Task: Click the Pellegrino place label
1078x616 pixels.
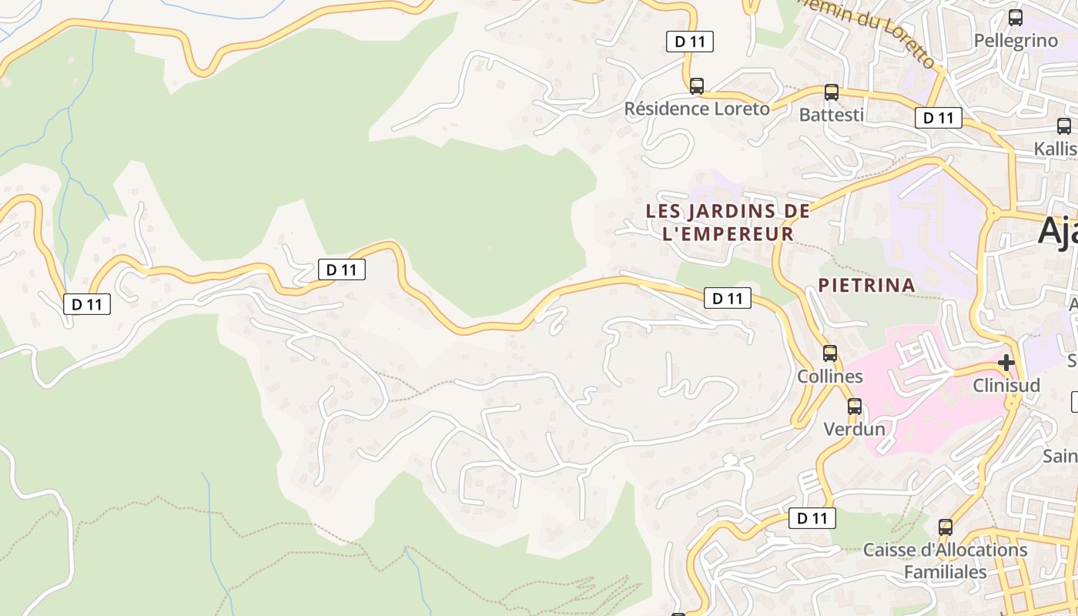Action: [x=1016, y=41]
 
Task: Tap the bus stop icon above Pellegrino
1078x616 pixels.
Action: [x=1016, y=17]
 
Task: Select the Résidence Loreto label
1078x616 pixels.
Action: [x=696, y=109]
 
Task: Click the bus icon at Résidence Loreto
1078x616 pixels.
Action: [x=697, y=85]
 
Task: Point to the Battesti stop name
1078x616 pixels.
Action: [x=831, y=115]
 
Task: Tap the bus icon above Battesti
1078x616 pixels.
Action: [x=832, y=92]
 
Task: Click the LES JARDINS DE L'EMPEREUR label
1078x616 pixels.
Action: [x=728, y=222]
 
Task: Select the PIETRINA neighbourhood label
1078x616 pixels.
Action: [x=866, y=285]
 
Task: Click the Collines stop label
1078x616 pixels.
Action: [x=830, y=377]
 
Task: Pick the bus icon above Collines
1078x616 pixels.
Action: [x=830, y=353]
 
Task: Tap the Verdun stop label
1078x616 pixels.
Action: [x=854, y=429]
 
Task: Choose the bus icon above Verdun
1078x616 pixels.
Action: [x=855, y=406]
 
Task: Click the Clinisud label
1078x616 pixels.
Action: [x=1006, y=385]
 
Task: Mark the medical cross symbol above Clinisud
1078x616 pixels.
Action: [x=1006, y=362]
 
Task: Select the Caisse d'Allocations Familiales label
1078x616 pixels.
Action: [x=945, y=561]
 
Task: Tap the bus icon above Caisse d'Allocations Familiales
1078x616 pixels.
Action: [x=946, y=527]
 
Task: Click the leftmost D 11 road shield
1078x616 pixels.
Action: [x=87, y=304]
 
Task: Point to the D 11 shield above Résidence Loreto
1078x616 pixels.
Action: [x=690, y=42]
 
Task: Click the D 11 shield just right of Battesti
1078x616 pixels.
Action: [x=939, y=118]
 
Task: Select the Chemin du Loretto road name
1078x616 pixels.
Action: [x=885, y=34]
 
